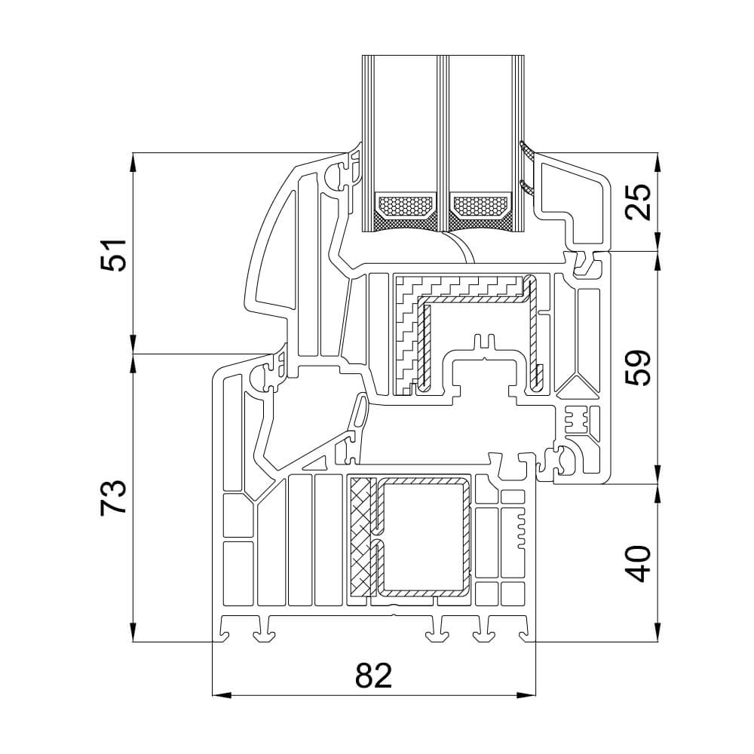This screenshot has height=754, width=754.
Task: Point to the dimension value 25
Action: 639,201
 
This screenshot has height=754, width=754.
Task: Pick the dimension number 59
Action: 639,367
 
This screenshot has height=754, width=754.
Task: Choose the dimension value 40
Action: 639,562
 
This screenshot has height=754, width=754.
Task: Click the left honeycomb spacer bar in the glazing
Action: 405,204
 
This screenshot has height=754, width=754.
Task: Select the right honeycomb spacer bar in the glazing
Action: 480,204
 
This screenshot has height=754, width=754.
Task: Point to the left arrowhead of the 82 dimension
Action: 219,694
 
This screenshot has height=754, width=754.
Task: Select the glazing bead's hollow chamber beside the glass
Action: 569,192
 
